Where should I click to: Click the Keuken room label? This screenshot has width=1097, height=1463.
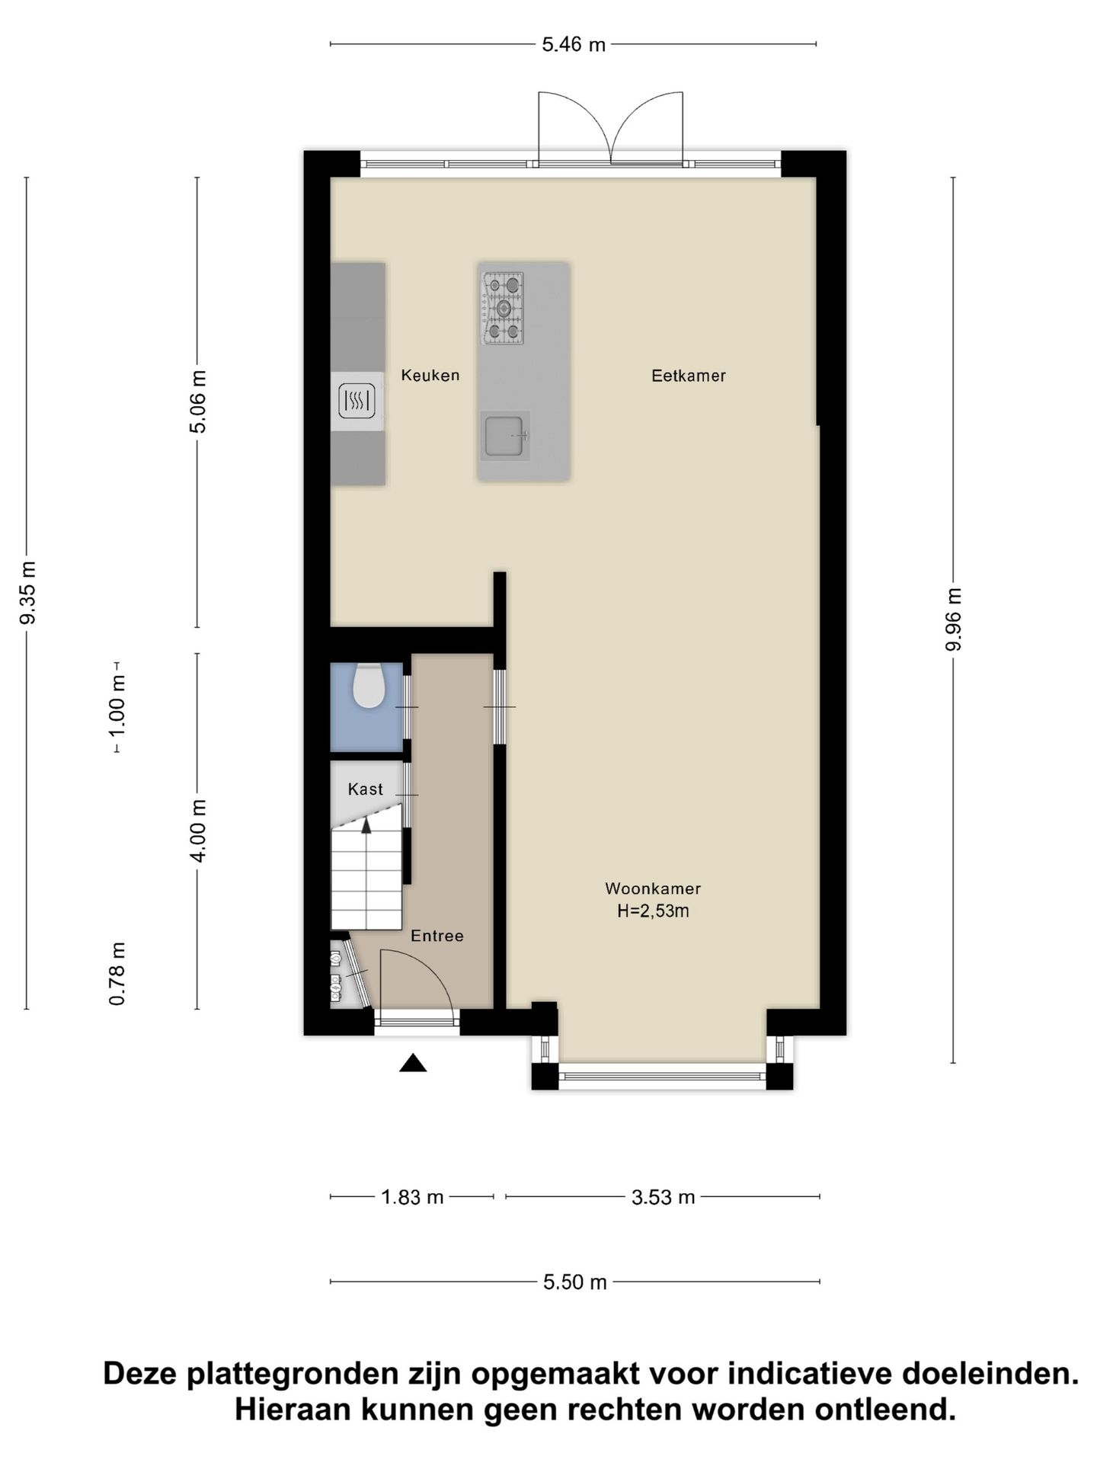[x=430, y=375]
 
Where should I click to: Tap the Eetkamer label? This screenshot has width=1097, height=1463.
[x=688, y=376]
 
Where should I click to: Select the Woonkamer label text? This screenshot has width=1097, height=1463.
[x=653, y=888]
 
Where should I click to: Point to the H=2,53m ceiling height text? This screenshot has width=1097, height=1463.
[x=653, y=911]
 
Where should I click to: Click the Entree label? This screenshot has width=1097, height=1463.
[x=437, y=936]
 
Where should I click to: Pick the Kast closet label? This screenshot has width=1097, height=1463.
[x=365, y=789]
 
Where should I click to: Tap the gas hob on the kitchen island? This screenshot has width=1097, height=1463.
[x=503, y=309]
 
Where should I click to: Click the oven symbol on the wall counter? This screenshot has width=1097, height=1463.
[x=357, y=400]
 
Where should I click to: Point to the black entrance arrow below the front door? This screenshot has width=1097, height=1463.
[x=413, y=1063]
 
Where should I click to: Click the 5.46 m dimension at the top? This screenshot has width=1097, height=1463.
[x=574, y=45]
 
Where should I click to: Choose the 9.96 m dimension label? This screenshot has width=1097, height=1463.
[x=954, y=619]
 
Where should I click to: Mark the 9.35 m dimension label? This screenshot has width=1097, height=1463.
[x=28, y=592]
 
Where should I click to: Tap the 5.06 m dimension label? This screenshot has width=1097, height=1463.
[x=198, y=402]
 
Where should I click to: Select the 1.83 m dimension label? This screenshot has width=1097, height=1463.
[x=412, y=1197]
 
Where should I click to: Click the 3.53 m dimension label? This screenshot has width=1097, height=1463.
[x=663, y=1198]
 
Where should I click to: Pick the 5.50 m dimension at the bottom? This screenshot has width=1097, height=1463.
[x=575, y=1282]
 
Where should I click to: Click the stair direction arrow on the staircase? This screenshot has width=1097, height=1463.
[x=366, y=824]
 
